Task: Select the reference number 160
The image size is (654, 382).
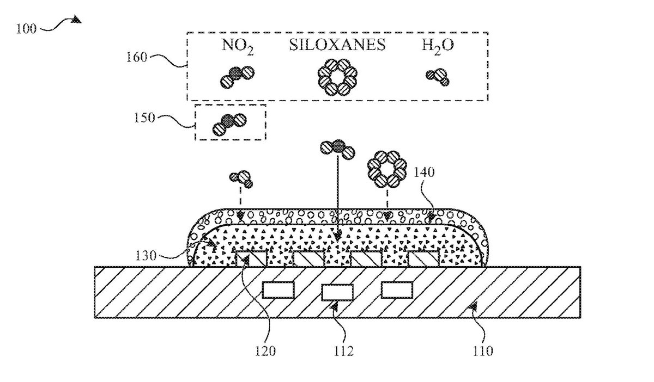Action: tap(136, 57)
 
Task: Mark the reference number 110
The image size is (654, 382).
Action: tap(482, 350)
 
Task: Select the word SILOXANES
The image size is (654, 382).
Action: tap(337, 45)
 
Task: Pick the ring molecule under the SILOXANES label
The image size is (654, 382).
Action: tap(337, 77)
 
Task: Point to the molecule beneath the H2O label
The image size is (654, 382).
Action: tap(437, 77)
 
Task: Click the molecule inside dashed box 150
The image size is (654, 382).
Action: tap(229, 124)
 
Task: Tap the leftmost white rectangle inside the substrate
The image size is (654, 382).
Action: tap(278, 290)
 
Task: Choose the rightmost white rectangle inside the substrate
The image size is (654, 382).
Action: tap(396, 290)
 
